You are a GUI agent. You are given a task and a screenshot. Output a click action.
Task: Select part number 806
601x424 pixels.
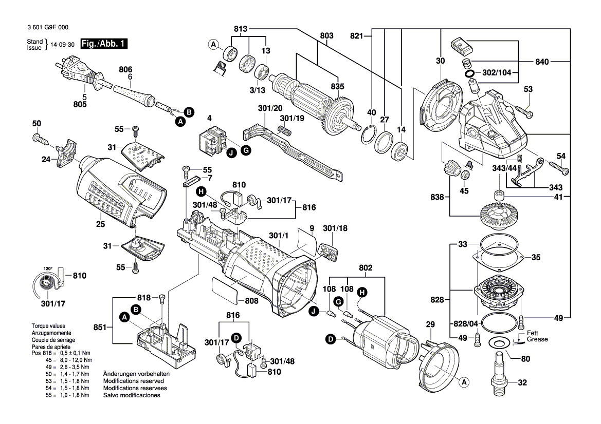[x=125, y=69]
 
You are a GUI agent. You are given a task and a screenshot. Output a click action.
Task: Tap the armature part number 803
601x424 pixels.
[x=326, y=35]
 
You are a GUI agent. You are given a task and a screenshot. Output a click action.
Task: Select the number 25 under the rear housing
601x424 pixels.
[x=100, y=224]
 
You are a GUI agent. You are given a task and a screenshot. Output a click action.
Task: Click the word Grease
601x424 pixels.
[x=537, y=339]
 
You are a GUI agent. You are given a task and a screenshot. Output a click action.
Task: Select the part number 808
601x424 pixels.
[x=251, y=301]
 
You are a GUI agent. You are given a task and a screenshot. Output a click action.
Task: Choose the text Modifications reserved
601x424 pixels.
[x=134, y=381]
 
